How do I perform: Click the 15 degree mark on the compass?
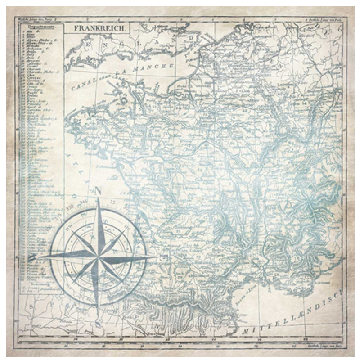click(x=112, y=202)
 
